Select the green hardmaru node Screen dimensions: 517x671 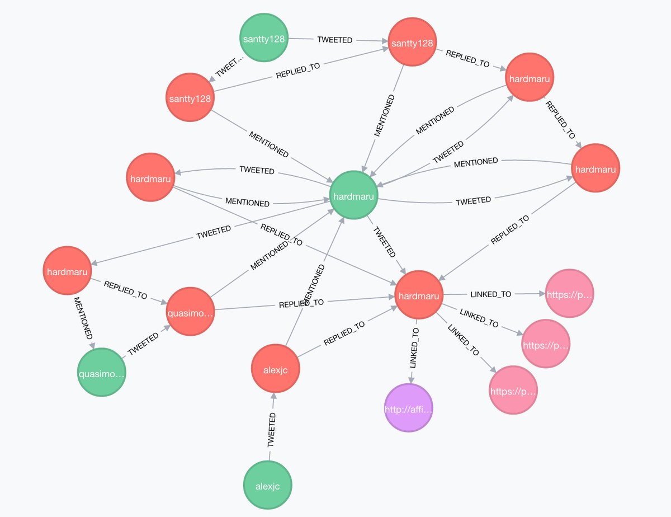pyautogui.click(x=353, y=196)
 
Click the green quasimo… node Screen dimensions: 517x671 pyautogui.click(x=101, y=372)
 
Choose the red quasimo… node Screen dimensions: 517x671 pyautogui.click(x=190, y=312)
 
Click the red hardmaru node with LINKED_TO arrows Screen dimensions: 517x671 pyautogui.click(x=419, y=295)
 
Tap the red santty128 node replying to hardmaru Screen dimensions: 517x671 pyautogui.click(x=413, y=42)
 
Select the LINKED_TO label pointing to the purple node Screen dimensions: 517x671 pyautogui.click(x=414, y=347)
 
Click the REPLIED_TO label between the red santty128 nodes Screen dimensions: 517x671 pyautogui.click(x=298, y=69)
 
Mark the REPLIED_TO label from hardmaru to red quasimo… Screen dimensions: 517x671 pyautogui.click(x=125, y=289)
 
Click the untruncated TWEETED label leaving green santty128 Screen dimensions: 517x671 pyautogui.click(x=334, y=40)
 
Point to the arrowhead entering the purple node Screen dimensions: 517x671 pyautogui.click(x=412, y=382)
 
